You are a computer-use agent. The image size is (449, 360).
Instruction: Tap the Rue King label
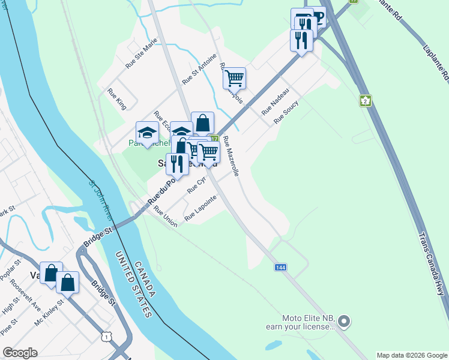click(x=117, y=99)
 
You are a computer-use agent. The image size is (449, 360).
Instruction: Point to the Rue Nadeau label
click(x=276, y=101)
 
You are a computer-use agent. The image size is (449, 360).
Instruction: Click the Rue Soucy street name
click(x=286, y=112)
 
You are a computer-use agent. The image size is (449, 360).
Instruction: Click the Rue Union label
click(x=166, y=217)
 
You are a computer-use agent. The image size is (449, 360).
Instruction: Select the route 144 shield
click(x=280, y=266)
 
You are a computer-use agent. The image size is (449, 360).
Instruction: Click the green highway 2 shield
click(x=366, y=100)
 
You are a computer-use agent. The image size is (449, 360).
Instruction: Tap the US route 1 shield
click(x=106, y=338)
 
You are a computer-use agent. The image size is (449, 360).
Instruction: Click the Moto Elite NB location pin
click(x=343, y=322)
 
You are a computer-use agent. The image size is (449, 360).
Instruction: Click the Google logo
click(x=20, y=353)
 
